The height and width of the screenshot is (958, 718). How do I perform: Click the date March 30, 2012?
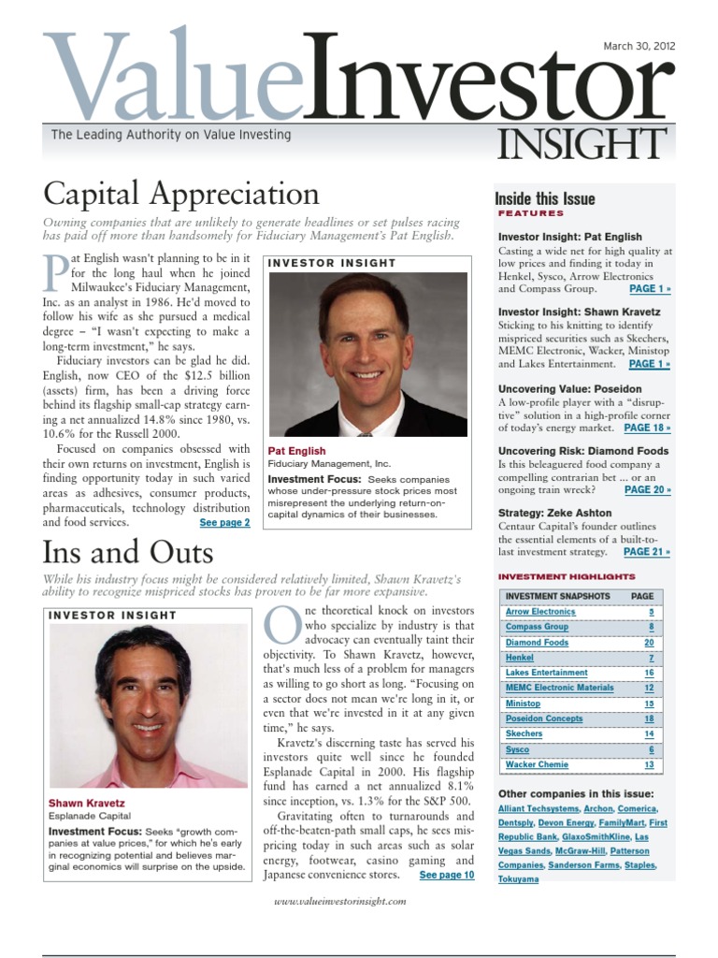click(x=639, y=46)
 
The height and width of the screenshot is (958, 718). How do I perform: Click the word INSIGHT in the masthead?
click(x=581, y=144)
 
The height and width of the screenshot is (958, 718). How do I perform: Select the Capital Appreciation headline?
click(x=181, y=195)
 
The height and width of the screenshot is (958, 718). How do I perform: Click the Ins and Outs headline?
click(x=128, y=551)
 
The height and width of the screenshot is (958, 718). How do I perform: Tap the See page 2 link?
click(x=224, y=522)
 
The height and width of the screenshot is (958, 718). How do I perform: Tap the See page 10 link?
click(x=447, y=876)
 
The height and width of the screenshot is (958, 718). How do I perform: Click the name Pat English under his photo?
click(x=296, y=451)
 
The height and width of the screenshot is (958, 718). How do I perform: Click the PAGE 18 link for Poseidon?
click(x=648, y=428)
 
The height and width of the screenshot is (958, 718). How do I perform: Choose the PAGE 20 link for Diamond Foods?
click(x=648, y=489)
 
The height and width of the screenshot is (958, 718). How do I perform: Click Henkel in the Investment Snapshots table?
click(x=520, y=658)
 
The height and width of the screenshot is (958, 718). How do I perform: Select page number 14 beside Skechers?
click(x=648, y=734)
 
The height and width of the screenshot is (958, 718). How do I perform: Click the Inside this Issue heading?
click(x=545, y=198)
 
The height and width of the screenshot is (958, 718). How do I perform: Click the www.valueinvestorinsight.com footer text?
click(x=340, y=901)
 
